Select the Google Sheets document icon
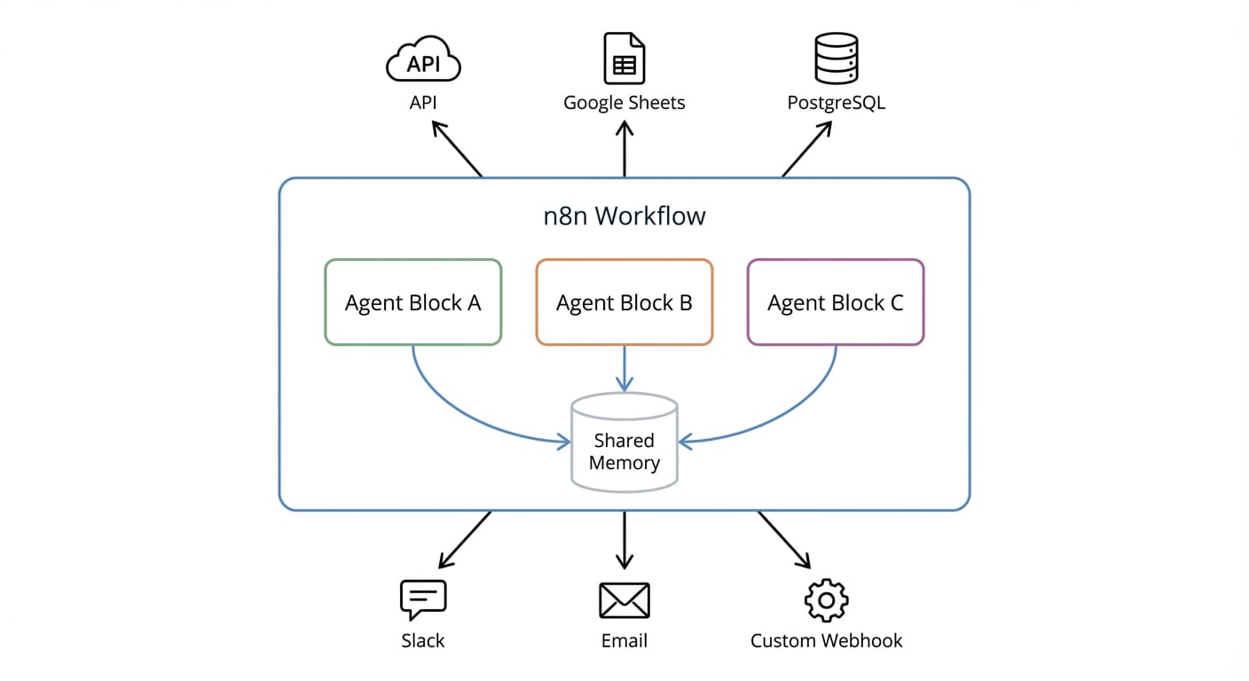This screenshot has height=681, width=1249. click(x=624, y=59)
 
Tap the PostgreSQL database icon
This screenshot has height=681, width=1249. click(x=836, y=59)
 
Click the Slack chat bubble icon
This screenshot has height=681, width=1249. click(x=423, y=600)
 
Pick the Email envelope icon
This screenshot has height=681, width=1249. click(x=624, y=600)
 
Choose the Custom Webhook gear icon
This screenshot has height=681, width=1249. click(x=827, y=600)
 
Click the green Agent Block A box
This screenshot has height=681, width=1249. click(x=413, y=302)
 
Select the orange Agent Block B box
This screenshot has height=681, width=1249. click(x=624, y=302)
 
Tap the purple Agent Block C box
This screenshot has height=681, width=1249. click(x=836, y=302)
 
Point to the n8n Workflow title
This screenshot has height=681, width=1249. click(x=624, y=215)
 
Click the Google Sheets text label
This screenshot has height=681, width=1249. click(x=624, y=103)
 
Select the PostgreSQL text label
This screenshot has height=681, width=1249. click(x=836, y=103)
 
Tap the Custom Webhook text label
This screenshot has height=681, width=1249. click(x=827, y=640)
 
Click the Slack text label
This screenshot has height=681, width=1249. click(x=423, y=640)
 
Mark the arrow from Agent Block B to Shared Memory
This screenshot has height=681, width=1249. click(x=624, y=367)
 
